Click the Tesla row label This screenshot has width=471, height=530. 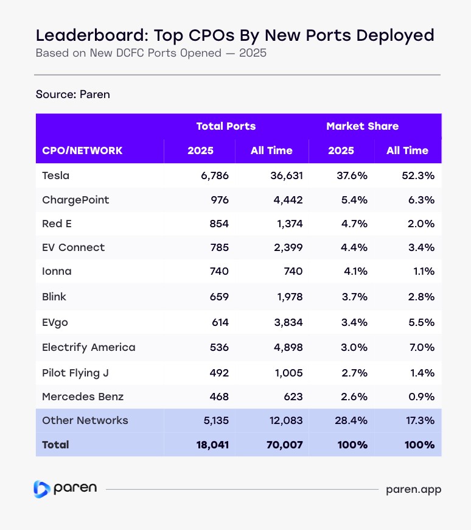tap(55, 175)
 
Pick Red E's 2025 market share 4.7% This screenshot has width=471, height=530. tap(354, 224)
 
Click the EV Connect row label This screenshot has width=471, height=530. tap(73, 247)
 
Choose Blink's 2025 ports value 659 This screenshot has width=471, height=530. tap(218, 297)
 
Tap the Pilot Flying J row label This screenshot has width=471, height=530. tap(75, 372)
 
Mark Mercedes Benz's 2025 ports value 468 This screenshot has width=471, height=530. tap(218, 397)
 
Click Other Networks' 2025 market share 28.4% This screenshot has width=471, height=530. tap(352, 420)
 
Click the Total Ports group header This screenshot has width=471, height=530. tap(226, 126)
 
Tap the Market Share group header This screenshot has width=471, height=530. tap(363, 126)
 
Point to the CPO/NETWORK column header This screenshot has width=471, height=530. tap(82, 150)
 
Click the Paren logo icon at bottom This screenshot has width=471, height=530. tap(41, 489)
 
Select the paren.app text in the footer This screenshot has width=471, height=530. tap(414, 489)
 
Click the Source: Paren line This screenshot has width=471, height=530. tap(72, 94)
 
